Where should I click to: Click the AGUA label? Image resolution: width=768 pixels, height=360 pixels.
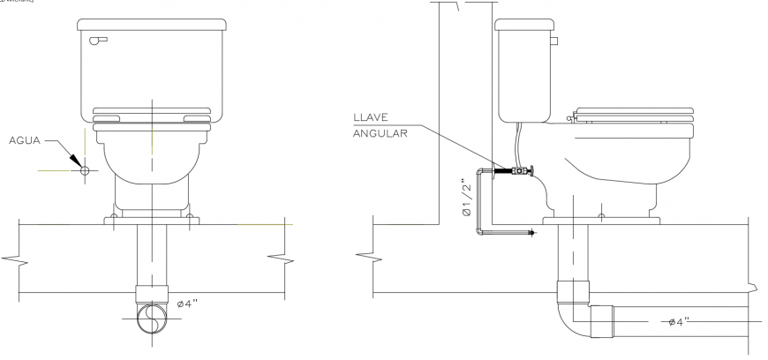(26, 140)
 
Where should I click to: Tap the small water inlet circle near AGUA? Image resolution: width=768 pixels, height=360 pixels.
(85, 169)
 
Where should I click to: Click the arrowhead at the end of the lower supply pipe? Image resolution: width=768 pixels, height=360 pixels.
(531, 233)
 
